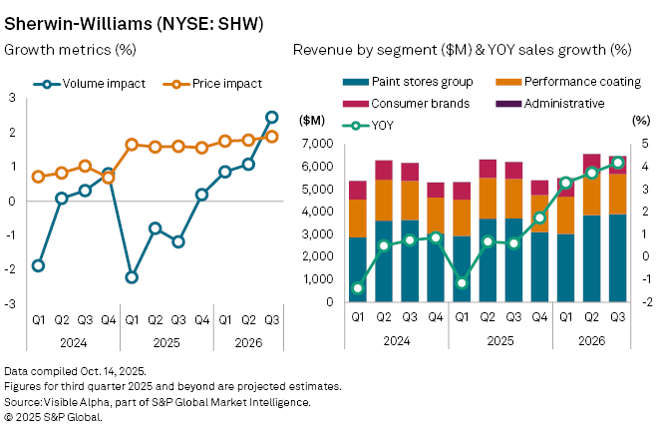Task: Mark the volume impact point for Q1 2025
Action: coord(132,277)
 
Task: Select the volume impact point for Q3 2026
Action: coord(271,118)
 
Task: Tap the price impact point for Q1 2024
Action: coord(38,177)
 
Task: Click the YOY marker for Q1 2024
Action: coord(358,288)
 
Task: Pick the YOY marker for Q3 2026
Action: coord(617,163)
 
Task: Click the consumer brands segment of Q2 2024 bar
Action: coord(384,170)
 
